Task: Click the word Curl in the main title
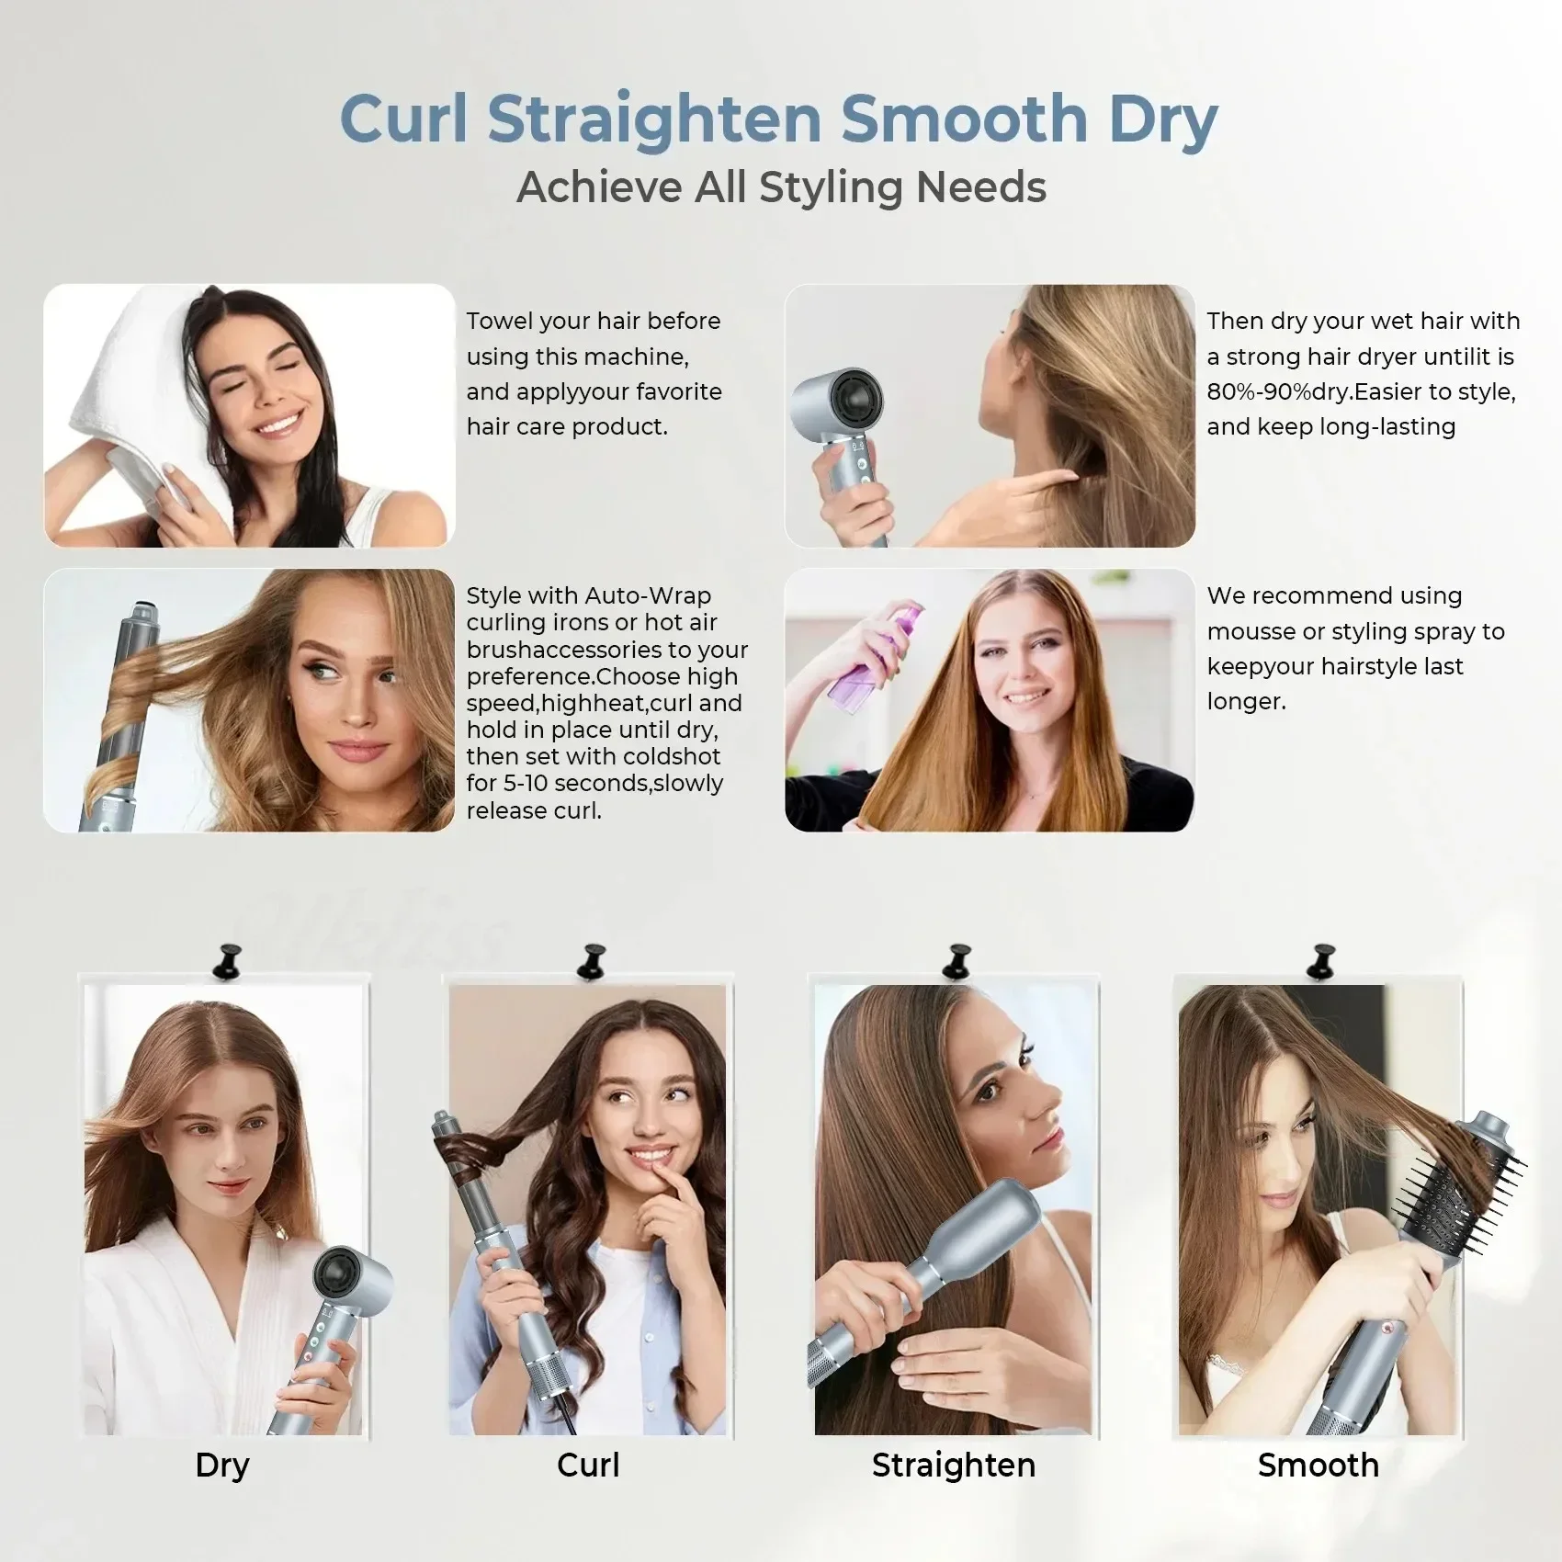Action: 403,119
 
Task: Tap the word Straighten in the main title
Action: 653,120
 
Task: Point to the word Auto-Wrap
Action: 648,595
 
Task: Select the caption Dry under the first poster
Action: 222,1465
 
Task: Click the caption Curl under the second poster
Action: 588,1465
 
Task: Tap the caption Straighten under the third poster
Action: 953,1465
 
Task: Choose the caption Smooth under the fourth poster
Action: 1318,1465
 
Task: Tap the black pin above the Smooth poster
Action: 1320,959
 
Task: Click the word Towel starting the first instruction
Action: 500,321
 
